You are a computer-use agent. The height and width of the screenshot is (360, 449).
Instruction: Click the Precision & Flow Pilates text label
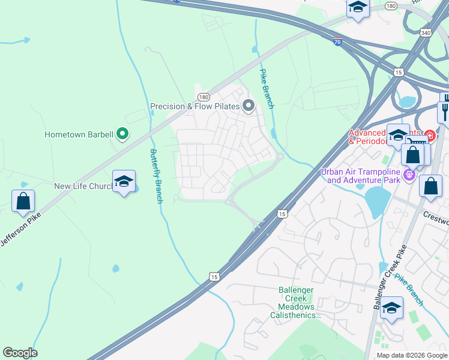(x=194, y=107)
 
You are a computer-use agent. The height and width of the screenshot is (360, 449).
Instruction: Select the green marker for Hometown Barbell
(x=122, y=134)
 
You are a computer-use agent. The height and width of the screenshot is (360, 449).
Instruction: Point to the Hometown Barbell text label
(x=79, y=134)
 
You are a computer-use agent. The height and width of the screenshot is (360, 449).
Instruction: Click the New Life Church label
(x=83, y=186)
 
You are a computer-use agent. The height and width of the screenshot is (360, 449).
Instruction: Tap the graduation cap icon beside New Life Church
(x=124, y=182)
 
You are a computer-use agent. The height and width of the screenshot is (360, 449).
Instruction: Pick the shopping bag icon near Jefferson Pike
(x=23, y=202)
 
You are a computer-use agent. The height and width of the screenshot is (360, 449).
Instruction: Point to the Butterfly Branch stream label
(x=156, y=176)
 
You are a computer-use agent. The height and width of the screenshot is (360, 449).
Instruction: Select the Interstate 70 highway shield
(x=338, y=42)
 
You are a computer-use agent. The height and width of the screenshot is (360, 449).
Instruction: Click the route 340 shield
(x=426, y=32)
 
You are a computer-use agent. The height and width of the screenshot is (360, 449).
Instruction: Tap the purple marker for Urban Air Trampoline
(x=410, y=175)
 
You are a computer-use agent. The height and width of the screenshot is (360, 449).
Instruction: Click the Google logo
(x=20, y=353)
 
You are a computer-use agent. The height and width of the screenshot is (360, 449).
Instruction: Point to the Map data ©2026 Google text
(x=412, y=355)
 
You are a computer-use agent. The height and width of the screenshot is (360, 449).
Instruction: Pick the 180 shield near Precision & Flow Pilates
(x=203, y=97)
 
